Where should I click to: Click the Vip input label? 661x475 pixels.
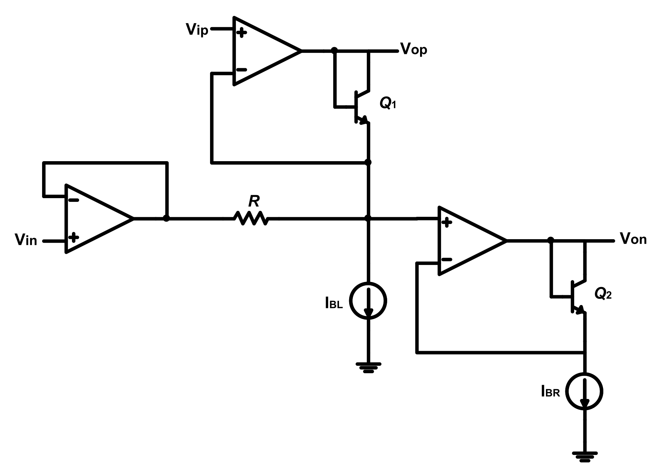click(x=197, y=30)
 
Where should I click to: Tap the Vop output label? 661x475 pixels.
click(x=414, y=50)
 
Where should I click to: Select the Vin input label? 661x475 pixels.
click(x=26, y=240)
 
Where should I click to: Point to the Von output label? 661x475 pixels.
click(x=633, y=239)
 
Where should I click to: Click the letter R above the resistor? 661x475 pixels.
click(x=254, y=201)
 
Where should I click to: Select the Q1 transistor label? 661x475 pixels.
click(x=388, y=103)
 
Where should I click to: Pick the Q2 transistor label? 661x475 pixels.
click(x=603, y=294)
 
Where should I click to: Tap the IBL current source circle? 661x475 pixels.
click(x=369, y=301)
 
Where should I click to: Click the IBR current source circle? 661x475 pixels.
click(x=585, y=391)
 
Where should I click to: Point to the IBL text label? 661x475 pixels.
click(x=334, y=303)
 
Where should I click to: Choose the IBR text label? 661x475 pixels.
click(x=550, y=392)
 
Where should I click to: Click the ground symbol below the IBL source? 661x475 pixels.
click(x=369, y=367)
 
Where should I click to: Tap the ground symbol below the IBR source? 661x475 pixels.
click(x=585, y=456)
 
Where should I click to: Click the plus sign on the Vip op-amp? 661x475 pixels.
click(x=242, y=33)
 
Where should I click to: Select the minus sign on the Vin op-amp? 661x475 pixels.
click(x=74, y=200)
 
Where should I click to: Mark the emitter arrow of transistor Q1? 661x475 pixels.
click(x=364, y=120)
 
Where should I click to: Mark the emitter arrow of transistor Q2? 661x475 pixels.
click(x=580, y=310)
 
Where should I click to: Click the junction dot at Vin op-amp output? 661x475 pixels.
click(x=166, y=218)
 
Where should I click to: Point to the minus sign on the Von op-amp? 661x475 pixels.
click(x=447, y=260)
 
